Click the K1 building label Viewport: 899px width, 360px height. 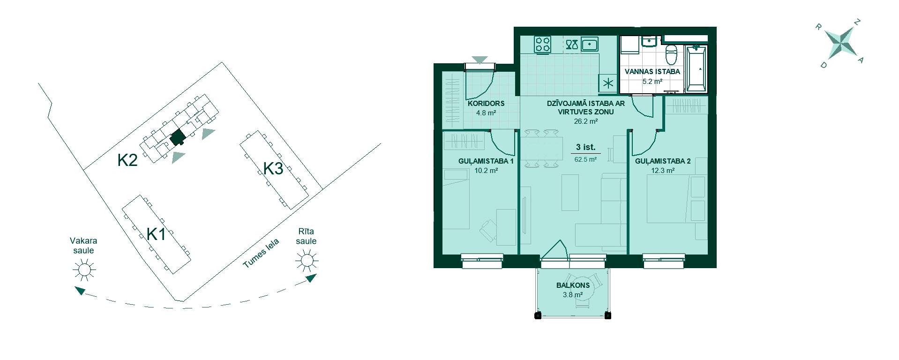(x=156, y=234)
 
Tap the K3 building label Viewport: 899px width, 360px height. (x=273, y=168)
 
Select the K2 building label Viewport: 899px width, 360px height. (x=127, y=161)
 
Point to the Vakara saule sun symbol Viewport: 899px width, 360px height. (x=84, y=270)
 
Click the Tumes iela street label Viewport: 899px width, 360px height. (x=261, y=254)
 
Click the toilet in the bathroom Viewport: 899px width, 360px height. (x=672, y=55)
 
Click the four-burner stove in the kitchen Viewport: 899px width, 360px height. (x=543, y=45)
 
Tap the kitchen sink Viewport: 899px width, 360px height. (x=590, y=45)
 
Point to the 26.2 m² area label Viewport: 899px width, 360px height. (x=586, y=121)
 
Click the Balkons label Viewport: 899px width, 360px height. (x=573, y=285)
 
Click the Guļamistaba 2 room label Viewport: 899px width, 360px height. (x=663, y=161)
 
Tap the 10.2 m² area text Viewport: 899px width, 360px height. (x=486, y=171)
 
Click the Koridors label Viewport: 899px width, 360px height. (x=486, y=104)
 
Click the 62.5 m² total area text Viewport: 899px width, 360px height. (x=585, y=159)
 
